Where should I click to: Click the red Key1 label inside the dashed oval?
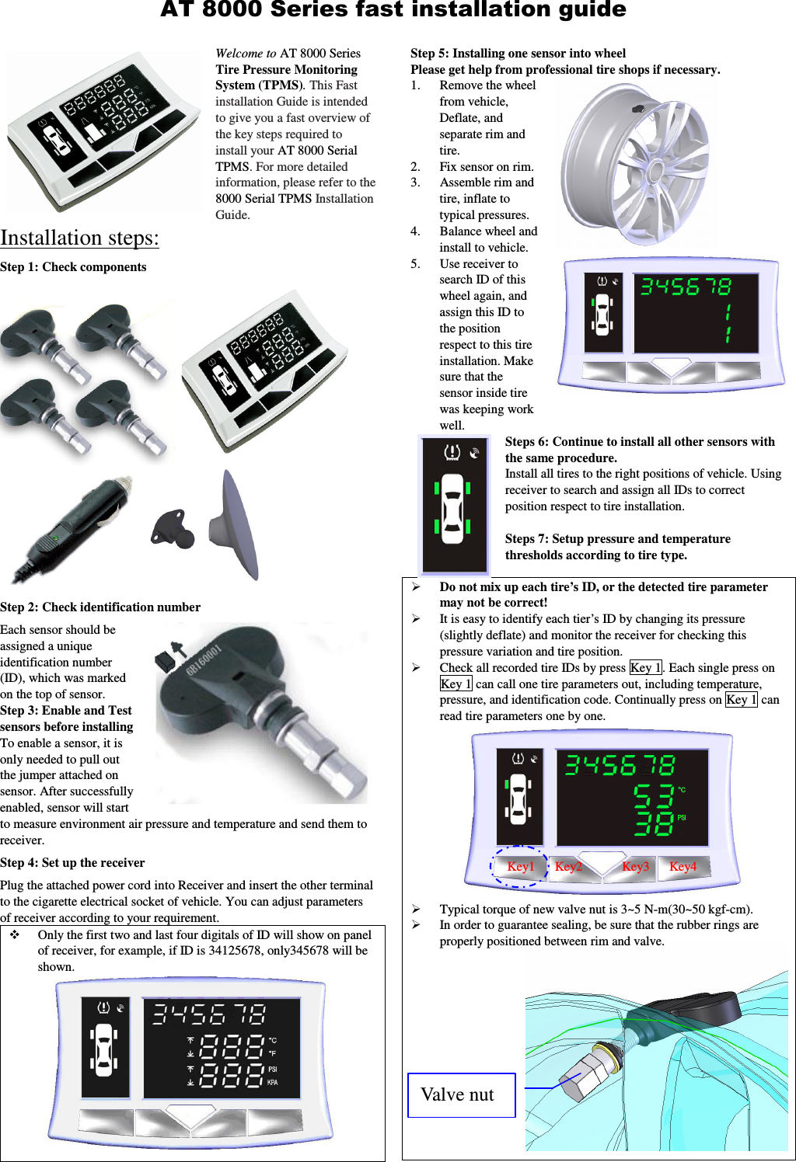click(520, 867)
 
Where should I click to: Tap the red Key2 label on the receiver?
click(568, 867)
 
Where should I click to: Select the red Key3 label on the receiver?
click(635, 867)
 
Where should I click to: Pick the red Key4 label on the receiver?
click(683, 867)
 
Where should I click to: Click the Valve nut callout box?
click(461, 1095)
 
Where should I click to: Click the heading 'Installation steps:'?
click(79, 238)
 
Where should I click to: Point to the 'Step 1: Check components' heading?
click(73, 267)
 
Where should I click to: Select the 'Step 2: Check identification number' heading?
click(100, 607)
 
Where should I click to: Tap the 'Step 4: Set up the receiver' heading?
click(72, 863)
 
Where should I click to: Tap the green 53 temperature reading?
click(653, 796)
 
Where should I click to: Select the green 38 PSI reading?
click(653, 823)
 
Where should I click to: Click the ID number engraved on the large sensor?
click(204, 659)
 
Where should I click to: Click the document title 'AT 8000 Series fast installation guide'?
click(393, 10)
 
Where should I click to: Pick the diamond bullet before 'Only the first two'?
click(15, 935)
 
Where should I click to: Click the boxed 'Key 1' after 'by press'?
click(645, 668)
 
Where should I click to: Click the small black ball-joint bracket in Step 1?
click(173, 529)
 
